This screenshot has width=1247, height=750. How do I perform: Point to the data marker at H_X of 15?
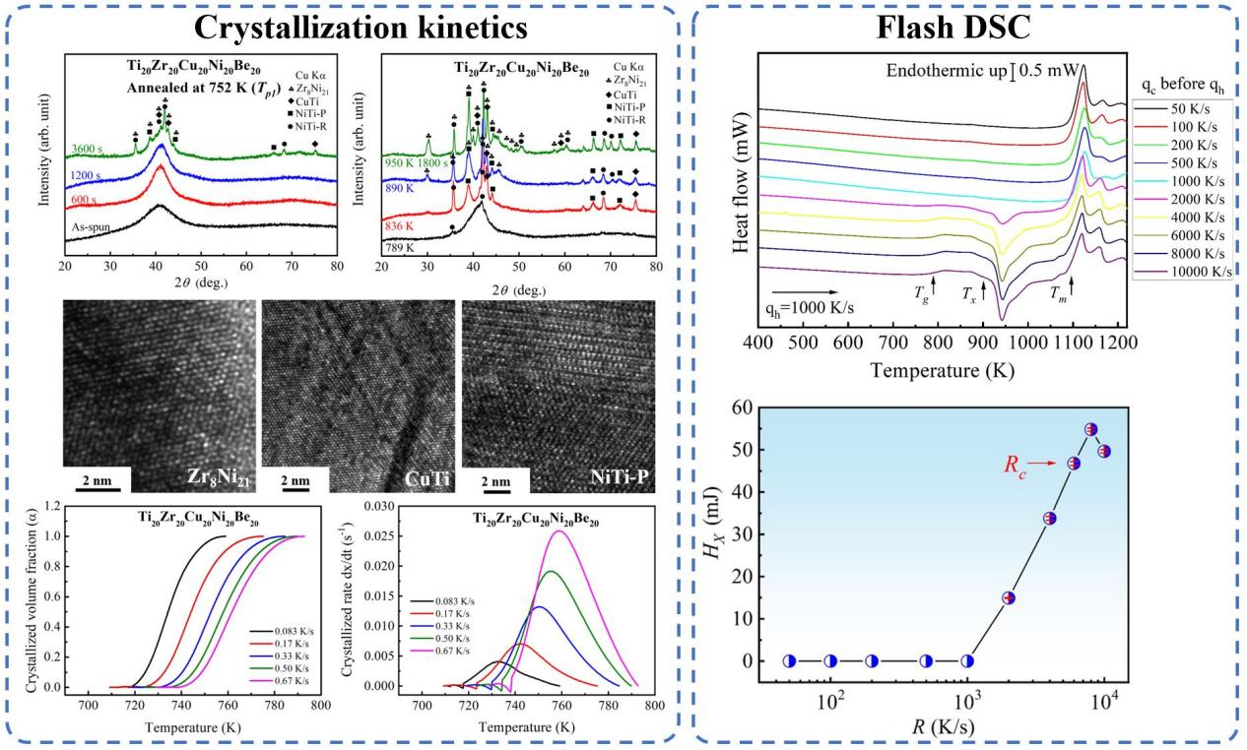pos(1009,597)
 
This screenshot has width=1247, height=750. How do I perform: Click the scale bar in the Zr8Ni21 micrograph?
pos(97,484)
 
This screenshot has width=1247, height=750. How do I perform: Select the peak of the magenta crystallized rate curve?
pos(559,531)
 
